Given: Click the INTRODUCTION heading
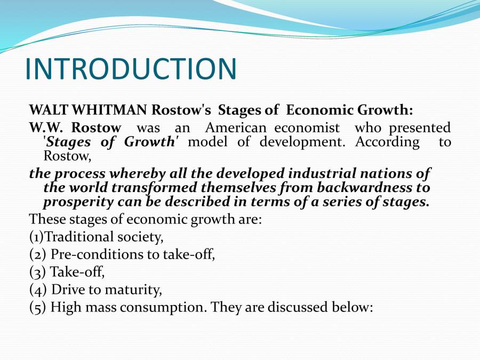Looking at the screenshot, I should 131,69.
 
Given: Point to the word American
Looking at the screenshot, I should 236,128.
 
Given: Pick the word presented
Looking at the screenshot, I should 420,128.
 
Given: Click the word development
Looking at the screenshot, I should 302,142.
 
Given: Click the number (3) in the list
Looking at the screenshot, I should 37,272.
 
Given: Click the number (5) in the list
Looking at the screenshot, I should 37,308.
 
